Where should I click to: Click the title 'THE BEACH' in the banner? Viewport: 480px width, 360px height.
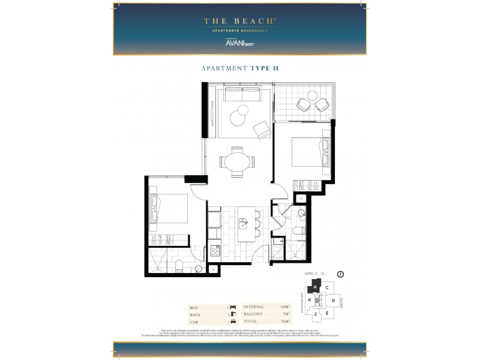click(239, 21)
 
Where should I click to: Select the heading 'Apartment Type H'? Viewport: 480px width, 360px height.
click(239, 68)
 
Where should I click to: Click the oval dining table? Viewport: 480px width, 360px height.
click(236, 161)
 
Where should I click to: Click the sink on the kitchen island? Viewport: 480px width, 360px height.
click(243, 224)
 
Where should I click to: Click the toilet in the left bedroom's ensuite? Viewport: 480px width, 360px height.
click(179, 266)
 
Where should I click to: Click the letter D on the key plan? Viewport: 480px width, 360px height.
click(333, 299)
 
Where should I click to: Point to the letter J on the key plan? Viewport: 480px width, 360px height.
click(315, 313)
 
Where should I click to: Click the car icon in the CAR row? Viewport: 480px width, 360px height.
click(232, 321)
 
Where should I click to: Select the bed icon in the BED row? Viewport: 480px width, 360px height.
click(232, 307)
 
